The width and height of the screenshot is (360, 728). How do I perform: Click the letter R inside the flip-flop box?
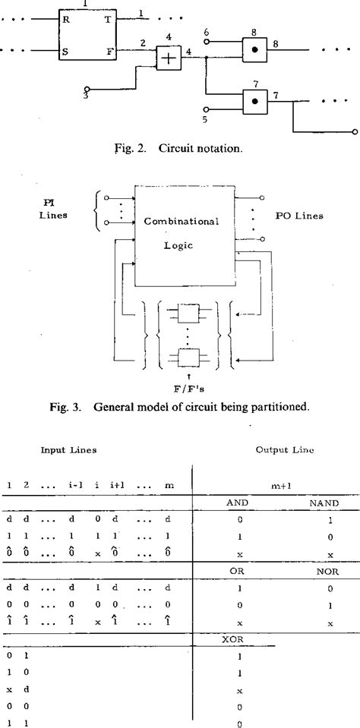click(67, 22)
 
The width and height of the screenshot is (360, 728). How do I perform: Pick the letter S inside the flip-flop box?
click(67, 52)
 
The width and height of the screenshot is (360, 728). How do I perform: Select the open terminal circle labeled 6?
click(206, 43)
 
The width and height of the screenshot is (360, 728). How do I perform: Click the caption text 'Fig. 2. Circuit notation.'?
click(179, 148)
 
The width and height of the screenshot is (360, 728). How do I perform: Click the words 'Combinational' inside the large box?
click(182, 222)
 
